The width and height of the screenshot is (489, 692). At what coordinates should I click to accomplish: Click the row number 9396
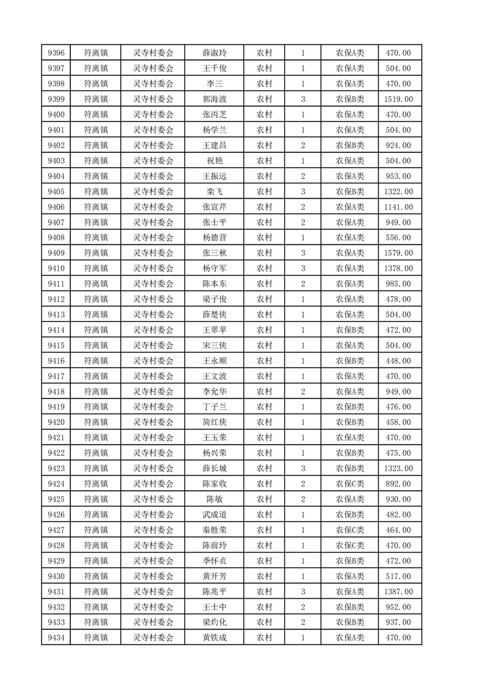[55, 53]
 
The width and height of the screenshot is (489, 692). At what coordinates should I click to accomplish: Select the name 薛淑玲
[214, 53]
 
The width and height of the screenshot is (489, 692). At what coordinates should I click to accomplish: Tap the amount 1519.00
[398, 99]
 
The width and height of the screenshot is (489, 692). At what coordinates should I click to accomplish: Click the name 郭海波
[214, 99]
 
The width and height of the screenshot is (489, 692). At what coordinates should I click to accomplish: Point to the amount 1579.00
[398, 253]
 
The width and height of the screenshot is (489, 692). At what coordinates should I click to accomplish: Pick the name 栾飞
[214, 191]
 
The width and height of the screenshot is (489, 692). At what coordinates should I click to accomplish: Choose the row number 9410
[55, 268]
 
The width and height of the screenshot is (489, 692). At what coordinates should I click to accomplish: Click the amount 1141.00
[398, 207]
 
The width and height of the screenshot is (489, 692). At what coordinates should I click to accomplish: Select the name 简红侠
[214, 422]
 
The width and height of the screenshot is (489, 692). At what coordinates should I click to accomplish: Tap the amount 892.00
[398, 484]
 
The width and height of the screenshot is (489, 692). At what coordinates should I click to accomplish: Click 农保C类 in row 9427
[350, 530]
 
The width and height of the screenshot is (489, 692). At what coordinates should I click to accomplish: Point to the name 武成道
[214, 514]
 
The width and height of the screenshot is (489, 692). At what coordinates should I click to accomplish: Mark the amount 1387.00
[398, 591]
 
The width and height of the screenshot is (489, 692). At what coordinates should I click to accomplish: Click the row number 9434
[55, 638]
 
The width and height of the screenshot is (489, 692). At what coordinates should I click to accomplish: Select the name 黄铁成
[214, 638]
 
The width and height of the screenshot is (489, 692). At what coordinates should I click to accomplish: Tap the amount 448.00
[398, 361]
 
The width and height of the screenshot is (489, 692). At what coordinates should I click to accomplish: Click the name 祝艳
[214, 160]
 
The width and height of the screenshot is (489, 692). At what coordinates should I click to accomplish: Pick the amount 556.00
[398, 237]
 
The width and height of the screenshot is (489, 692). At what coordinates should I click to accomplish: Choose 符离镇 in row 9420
[96, 422]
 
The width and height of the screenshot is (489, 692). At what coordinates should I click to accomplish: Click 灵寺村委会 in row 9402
[154, 146]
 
